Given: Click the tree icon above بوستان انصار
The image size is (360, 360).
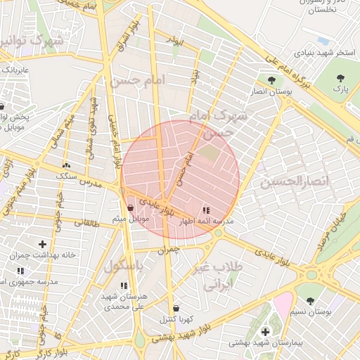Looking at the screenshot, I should click(271, 80).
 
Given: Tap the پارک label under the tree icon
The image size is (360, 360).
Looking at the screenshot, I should click(340, 91).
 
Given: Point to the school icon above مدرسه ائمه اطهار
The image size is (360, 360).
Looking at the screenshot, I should click(206, 210).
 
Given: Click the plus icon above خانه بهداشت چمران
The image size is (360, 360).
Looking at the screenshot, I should click(42, 243).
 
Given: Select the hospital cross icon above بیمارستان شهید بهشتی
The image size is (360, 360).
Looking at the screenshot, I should click(265, 332).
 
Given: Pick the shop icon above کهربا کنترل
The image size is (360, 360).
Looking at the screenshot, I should click(175, 308).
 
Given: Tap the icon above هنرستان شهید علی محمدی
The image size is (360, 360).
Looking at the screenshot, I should click(124, 285).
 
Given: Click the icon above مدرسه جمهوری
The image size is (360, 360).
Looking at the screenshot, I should click(20, 271).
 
